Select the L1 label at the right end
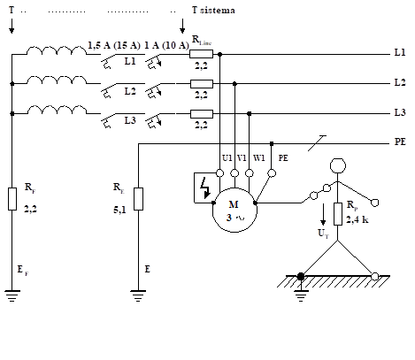399,54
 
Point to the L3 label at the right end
399,114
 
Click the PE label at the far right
399,142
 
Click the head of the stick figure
336,166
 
